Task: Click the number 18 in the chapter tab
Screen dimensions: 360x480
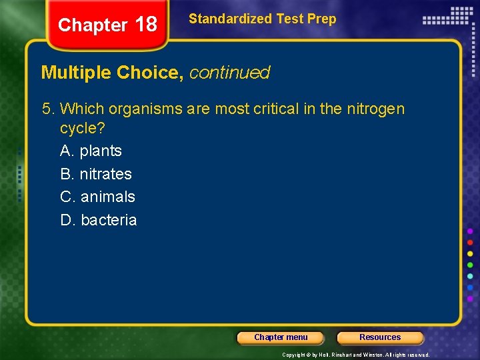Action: click(x=145, y=25)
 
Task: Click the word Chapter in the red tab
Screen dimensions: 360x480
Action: click(x=93, y=25)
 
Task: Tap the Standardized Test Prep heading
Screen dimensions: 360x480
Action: click(x=262, y=19)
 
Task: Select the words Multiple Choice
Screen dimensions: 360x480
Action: click(x=112, y=72)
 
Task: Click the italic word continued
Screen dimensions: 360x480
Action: click(x=229, y=72)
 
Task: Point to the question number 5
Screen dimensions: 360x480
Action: click(x=47, y=109)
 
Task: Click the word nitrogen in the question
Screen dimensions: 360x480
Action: click(x=375, y=109)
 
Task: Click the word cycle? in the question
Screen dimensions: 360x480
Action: click(x=83, y=127)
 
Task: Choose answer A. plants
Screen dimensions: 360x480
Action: click(x=91, y=151)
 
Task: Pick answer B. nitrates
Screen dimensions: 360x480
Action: click(x=96, y=174)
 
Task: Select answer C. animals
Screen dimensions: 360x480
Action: click(x=97, y=197)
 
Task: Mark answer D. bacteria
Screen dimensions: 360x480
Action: click(x=98, y=220)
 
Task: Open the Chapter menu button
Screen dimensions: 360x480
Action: click(x=281, y=337)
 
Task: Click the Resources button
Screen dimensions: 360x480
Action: click(x=380, y=337)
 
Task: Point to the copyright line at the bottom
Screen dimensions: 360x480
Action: click(x=355, y=355)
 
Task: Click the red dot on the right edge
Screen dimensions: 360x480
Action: click(x=470, y=242)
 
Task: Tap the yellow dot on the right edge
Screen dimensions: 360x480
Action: click(x=470, y=253)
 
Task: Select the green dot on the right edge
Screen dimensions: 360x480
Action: click(x=470, y=265)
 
